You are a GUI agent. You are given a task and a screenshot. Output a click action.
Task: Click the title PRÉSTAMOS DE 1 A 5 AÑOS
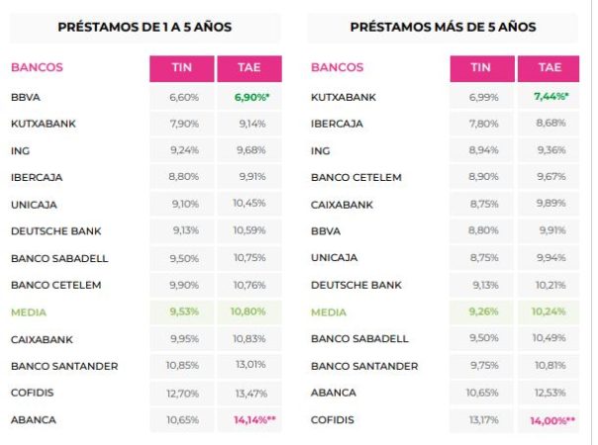click(145, 28)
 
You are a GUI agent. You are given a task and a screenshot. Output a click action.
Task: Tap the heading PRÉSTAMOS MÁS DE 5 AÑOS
click(443, 28)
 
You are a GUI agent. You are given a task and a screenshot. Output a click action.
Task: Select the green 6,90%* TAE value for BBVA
click(251, 98)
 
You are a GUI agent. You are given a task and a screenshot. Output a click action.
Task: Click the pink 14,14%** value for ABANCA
click(251, 419)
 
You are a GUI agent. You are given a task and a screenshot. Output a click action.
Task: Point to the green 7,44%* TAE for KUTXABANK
click(550, 98)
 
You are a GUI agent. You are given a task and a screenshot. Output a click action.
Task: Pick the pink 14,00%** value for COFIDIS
click(550, 419)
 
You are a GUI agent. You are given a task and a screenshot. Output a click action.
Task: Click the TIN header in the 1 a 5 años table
click(180, 68)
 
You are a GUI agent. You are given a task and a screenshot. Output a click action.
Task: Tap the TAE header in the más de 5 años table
click(550, 68)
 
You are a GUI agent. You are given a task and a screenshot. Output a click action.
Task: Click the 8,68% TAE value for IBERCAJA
click(550, 125)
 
